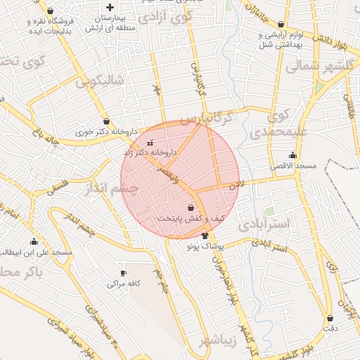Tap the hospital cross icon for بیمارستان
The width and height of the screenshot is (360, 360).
(110, 7)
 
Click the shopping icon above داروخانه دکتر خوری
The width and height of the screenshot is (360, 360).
(105, 121)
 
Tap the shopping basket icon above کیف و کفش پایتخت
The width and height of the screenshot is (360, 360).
(191, 208)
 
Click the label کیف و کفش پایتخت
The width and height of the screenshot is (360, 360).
(191, 219)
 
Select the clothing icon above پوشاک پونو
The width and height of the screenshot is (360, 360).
(205, 236)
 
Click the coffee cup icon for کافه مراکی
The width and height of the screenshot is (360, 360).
(124, 273)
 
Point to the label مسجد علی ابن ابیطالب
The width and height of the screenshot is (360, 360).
(34, 252)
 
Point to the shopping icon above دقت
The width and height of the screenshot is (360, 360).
(329, 317)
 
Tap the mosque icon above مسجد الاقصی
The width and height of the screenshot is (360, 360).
(292, 155)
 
